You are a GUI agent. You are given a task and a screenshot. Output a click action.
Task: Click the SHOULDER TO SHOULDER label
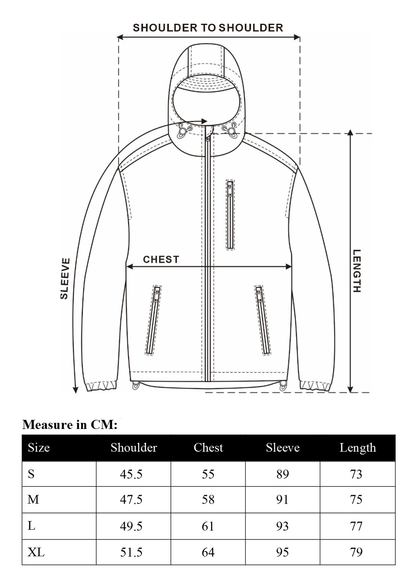208,28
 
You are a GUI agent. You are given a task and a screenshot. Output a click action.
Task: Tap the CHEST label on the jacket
161,259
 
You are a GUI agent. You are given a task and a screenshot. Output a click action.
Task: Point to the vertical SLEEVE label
65,278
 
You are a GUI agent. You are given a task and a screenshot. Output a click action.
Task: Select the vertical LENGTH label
357,271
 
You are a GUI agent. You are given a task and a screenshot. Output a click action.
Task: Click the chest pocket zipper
230,214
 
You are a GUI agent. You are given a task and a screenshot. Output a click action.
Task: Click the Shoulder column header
133,448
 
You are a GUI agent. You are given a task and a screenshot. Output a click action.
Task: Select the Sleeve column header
282,448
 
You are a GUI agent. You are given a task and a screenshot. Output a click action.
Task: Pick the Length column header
357,448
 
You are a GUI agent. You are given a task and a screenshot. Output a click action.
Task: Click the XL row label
36,552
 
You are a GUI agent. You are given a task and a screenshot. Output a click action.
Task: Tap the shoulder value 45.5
131,474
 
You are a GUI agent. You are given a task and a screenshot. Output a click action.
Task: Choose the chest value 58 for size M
208,500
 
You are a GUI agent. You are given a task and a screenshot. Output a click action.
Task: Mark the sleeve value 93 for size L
282,526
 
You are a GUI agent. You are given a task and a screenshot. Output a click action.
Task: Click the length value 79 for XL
357,552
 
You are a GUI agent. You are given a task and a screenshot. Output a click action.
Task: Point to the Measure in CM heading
70,425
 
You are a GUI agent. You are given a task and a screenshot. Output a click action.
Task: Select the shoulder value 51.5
131,552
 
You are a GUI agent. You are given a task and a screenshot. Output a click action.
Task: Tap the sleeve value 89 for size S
282,474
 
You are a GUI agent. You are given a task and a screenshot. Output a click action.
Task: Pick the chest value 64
208,552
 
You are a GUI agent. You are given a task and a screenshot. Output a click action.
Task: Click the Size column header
39,448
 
